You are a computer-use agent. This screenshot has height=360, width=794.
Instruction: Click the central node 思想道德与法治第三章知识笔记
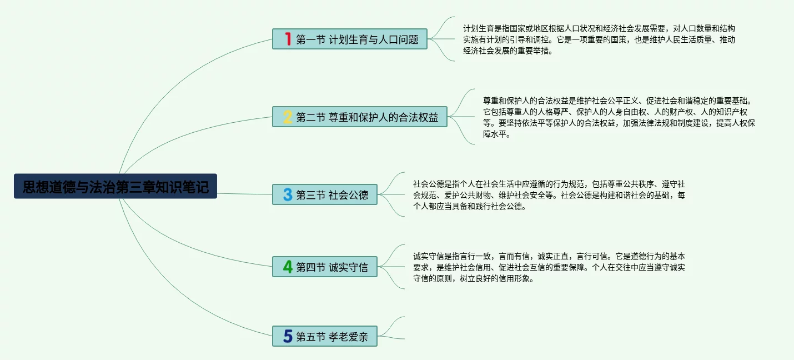point(115,186)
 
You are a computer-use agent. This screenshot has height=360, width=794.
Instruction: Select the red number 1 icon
point(288,39)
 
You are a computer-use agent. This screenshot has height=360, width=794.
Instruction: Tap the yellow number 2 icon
point(288,117)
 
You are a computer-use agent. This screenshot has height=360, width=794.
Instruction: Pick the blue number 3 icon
point(288,194)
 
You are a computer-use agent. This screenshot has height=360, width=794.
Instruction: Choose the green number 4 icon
point(288,267)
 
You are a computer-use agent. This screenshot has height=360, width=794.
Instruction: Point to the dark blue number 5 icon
point(288,336)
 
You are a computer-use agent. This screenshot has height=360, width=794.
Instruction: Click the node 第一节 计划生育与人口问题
point(350,39)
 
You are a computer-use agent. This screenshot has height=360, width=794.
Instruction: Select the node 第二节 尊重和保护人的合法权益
point(360,117)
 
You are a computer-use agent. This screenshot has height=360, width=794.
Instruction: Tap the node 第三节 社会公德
point(325,194)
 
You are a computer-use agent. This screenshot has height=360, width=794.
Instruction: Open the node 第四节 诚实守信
point(325,267)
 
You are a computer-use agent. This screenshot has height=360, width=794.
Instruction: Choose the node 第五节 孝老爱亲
point(325,336)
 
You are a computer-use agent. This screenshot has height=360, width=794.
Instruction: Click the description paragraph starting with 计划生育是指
point(599,39)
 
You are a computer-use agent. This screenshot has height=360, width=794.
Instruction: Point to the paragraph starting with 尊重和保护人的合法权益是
point(619,117)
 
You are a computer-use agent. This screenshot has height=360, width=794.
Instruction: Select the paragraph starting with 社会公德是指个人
point(549,195)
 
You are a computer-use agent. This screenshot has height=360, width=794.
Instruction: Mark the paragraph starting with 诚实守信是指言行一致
point(549,267)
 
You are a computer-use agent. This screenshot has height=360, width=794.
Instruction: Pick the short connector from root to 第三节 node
point(244,194)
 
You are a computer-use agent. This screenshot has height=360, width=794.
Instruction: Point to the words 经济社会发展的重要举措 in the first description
point(504,51)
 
